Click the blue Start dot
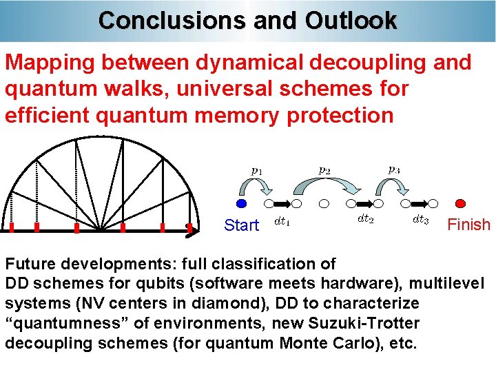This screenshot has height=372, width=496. (241, 204)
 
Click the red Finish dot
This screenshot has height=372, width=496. (462, 204)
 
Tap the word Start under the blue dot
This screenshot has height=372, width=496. (242, 225)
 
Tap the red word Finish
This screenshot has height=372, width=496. (469, 225)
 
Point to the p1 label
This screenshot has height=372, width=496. (256, 169)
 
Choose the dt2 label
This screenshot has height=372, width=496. (366, 218)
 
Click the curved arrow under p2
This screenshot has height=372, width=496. (323, 185)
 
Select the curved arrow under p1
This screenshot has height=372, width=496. (256, 187)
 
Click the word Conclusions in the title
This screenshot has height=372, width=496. (173, 20)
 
